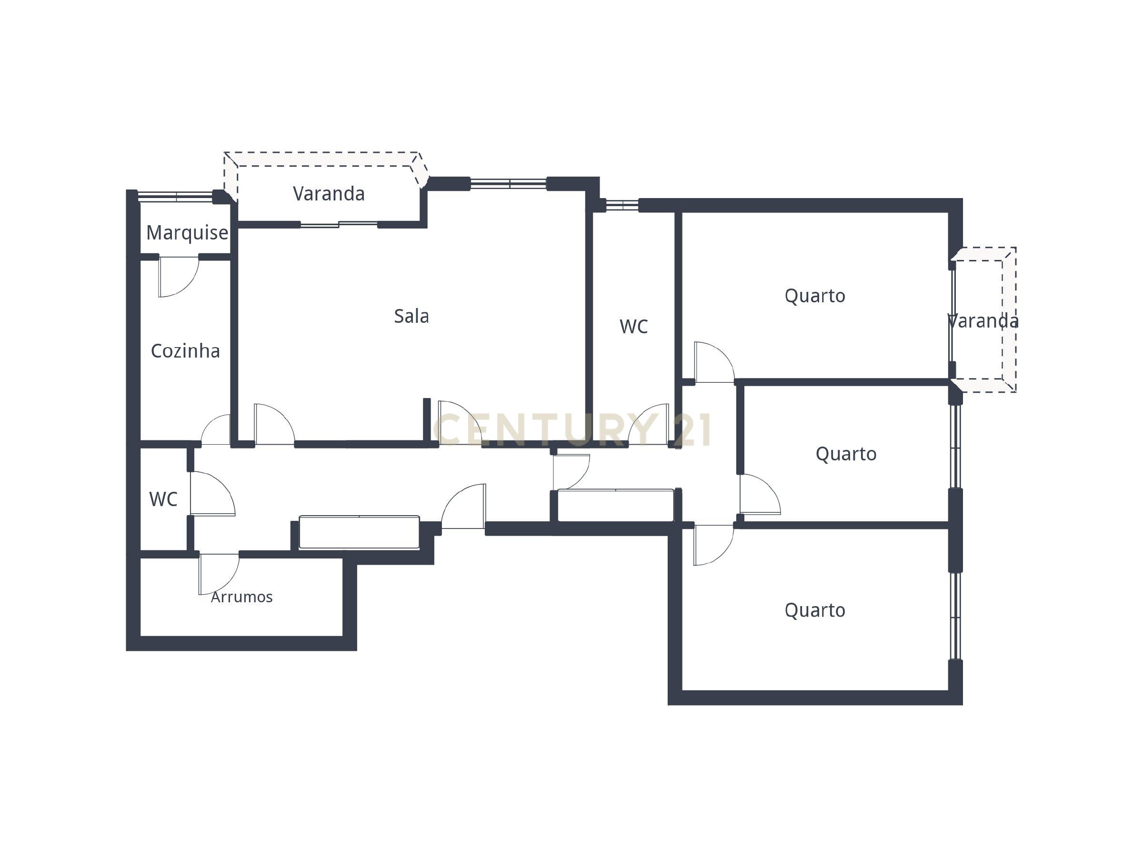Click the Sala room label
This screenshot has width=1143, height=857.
point(411,316)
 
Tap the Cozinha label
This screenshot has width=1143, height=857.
point(185,351)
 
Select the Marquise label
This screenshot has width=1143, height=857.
point(187,233)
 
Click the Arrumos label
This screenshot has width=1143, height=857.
point(242,597)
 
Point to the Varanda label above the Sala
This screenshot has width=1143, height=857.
point(329,194)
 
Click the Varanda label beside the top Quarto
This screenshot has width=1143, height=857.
point(983,321)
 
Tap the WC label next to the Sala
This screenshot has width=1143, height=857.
point(633,327)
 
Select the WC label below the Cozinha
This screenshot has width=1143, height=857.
point(163,499)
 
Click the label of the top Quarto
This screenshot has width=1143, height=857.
point(815,296)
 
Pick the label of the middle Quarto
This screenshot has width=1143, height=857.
point(846,454)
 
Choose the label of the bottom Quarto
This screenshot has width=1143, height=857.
point(815,610)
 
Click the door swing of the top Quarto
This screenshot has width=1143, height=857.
point(713,364)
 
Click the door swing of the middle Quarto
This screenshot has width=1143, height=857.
point(758,496)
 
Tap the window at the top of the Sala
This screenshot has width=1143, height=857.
point(509,183)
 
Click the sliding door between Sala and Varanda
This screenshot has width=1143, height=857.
point(339,224)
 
